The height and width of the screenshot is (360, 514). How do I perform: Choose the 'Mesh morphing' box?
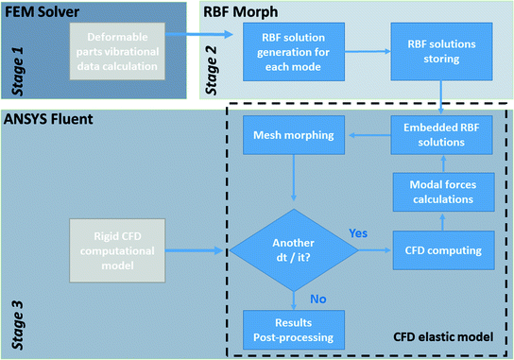(x=292, y=136)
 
